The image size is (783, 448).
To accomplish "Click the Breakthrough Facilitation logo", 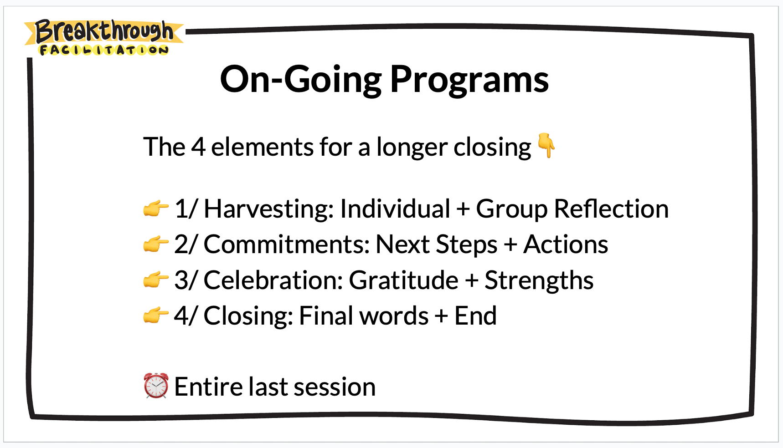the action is click(x=104, y=38).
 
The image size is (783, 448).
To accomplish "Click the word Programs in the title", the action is click(x=469, y=80).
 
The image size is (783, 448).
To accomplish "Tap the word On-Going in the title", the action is click(x=301, y=80).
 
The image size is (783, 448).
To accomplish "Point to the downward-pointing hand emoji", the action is click(x=546, y=145).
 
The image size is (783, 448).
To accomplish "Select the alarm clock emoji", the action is click(x=156, y=386).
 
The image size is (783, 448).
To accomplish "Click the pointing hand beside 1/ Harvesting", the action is click(x=156, y=209).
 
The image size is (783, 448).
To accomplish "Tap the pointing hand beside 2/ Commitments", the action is click(x=156, y=244).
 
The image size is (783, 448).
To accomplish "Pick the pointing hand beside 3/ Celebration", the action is click(x=156, y=280).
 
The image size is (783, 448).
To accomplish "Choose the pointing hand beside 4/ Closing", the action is click(x=156, y=315).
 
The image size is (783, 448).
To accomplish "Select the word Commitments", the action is click(x=287, y=244).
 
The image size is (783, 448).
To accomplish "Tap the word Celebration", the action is click(x=273, y=280).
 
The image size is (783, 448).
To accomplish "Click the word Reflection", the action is click(x=611, y=209).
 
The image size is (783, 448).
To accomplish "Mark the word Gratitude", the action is click(x=404, y=280).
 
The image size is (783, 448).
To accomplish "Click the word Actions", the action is click(x=566, y=244).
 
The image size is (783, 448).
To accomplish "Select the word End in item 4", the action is click(x=475, y=316).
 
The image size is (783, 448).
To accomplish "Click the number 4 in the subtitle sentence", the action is click(x=198, y=147).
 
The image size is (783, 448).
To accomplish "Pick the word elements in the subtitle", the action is click(x=262, y=147).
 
